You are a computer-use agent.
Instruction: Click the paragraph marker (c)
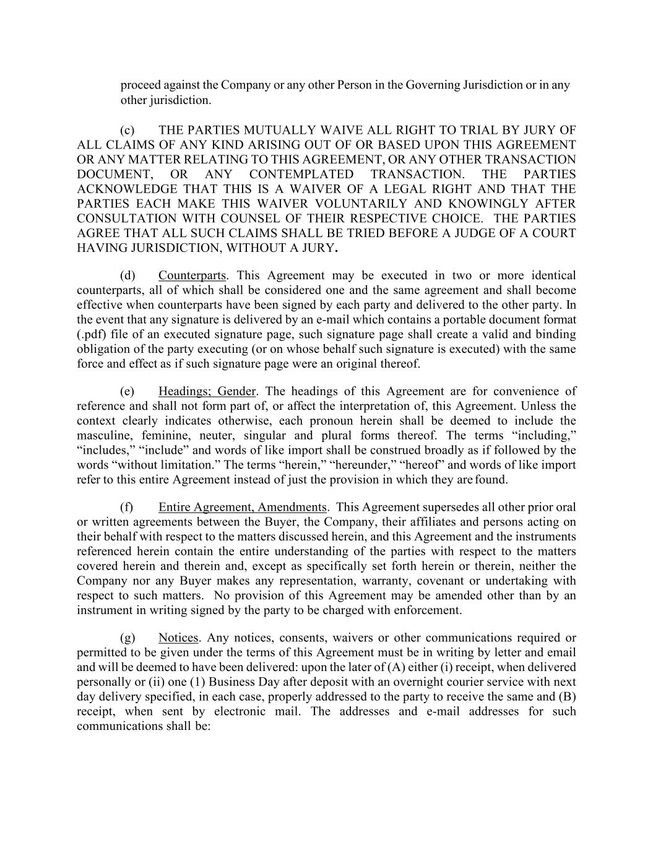pyautogui.click(x=127, y=130)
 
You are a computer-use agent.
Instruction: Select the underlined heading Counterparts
pyautogui.click(x=192, y=275)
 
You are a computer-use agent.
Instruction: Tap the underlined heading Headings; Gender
pyautogui.click(x=207, y=391)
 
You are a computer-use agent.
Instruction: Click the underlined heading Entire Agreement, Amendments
pyautogui.click(x=242, y=508)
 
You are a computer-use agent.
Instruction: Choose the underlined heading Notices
pyautogui.click(x=178, y=638)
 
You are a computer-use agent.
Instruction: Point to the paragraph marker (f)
pyautogui.click(x=127, y=508)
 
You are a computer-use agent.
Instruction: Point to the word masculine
pyautogui.click(x=103, y=435)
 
